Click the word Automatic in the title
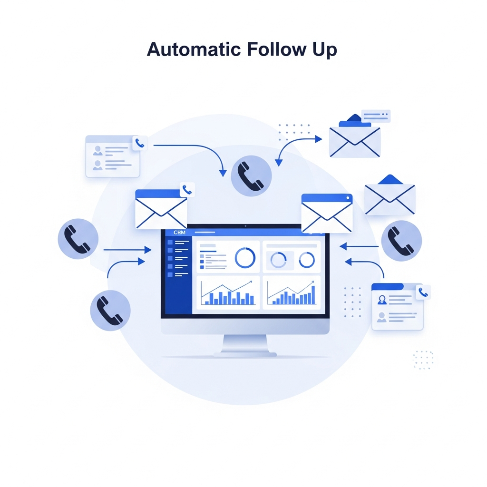194,49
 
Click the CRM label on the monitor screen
179,232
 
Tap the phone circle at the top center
251,176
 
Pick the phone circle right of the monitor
401,241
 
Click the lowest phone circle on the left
110,310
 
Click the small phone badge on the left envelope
187,189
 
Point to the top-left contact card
113,156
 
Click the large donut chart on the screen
245,258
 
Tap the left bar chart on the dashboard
228,292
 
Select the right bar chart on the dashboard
292,292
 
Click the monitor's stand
245,345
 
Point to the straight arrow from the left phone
127,249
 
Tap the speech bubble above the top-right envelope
376,116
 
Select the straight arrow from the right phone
359,247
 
